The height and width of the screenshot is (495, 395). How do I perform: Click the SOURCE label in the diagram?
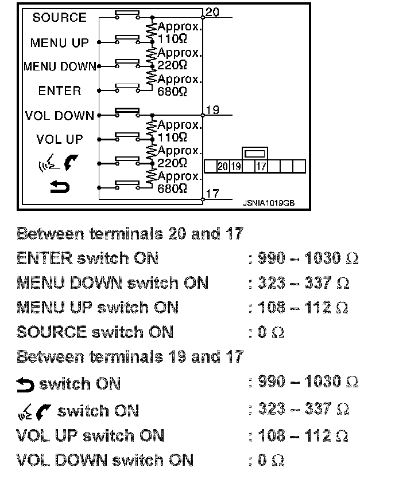coord(59,18)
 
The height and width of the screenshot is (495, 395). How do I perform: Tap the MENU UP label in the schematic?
coord(60,43)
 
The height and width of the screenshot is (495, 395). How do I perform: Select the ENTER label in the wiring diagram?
coord(60,91)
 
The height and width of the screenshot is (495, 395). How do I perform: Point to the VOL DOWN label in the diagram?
coord(60,116)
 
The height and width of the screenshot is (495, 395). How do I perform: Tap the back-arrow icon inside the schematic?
coord(60,187)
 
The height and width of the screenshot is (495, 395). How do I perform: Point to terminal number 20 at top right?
coord(211,12)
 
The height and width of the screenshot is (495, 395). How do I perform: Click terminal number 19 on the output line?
coord(212,110)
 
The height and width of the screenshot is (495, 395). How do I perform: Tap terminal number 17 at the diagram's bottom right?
coord(212,194)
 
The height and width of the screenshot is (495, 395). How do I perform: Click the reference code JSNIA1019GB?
coord(269,202)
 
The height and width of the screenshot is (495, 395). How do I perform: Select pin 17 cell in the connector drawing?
coord(261,167)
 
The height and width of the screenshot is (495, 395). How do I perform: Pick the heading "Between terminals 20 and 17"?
coord(130,234)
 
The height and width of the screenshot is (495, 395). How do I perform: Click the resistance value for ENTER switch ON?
coord(303,258)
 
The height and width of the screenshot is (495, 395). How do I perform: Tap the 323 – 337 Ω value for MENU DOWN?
coord(299,283)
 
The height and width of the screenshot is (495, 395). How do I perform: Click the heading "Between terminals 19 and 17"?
coord(130,357)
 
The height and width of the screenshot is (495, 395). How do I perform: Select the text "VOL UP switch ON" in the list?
coord(90,435)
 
